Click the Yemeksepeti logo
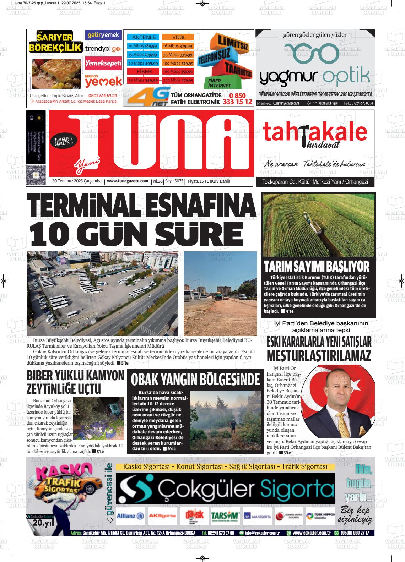(x=103, y=63)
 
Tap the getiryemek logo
(x=103, y=35)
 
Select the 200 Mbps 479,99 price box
(x=178, y=81)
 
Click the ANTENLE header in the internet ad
(x=144, y=37)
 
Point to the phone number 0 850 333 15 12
(x=238, y=99)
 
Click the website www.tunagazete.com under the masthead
(x=128, y=181)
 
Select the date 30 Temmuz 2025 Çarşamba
(x=77, y=181)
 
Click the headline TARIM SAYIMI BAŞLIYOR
(x=317, y=266)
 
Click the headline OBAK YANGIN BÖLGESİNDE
(x=195, y=380)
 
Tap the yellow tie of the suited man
(x=342, y=423)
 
